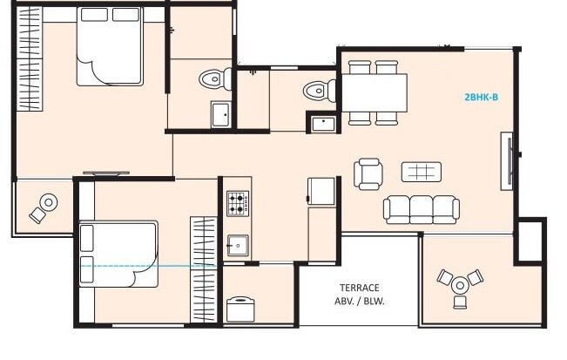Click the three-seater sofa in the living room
pyautogui.click(x=422, y=208)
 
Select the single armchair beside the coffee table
pyautogui.click(x=368, y=173)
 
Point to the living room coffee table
pyautogui.click(x=421, y=171)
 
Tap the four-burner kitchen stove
pyautogui.click(x=237, y=205)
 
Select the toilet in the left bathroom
pyautogui.click(x=213, y=78)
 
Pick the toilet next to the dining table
pyautogui.click(x=318, y=89)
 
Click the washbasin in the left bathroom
pyautogui.click(x=220, y=114)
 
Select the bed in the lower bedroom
pyautogui.click(x=118, y=254)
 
